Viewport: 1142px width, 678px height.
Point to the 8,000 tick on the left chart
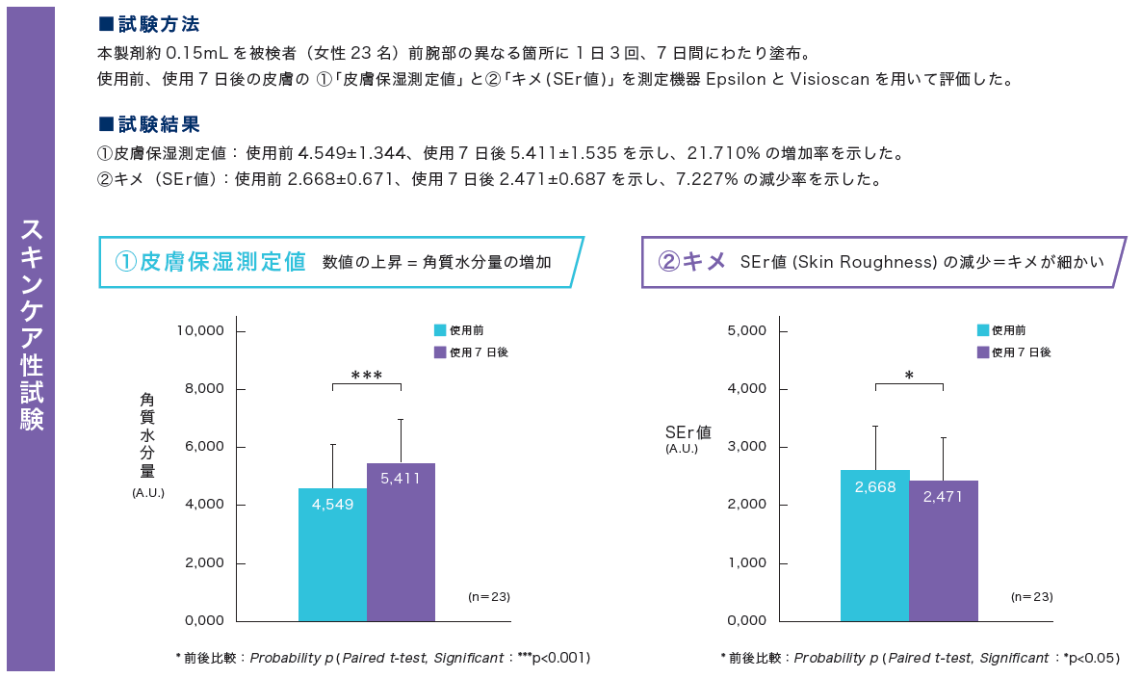pyautogui.click(x=202, y=389)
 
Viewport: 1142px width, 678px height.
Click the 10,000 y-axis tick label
pyautogui.click(x=200, y=330)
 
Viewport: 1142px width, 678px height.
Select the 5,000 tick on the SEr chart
pyautogui.click(x=745, y=330)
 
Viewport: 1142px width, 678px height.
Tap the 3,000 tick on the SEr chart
pyautogui.click(x=745, y=447)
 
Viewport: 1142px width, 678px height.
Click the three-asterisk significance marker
pyautogui.click(x=367, y=375)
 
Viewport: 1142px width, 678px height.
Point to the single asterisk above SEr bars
pyautogui.click(x=909, y=375)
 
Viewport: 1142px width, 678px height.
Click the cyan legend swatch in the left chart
pyautogui.click(x=440, y=330)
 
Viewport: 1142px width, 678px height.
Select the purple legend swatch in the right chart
pyautogui.click(x=983, y=352)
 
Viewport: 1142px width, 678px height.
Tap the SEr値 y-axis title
pyautogui.click(x=688, y=432)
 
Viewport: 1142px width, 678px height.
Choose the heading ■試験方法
pyautogui.click(x=150, y=24)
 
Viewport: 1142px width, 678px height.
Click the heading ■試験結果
pyautogui.click(x=150, y=124)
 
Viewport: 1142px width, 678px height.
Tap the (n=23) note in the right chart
pyautogui.click(x=1031, y=597)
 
